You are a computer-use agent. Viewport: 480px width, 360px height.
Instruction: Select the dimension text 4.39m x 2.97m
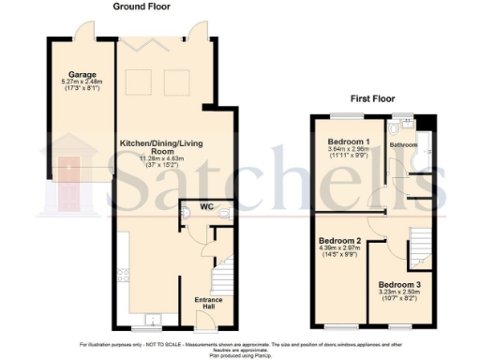(x=339, y=247)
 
